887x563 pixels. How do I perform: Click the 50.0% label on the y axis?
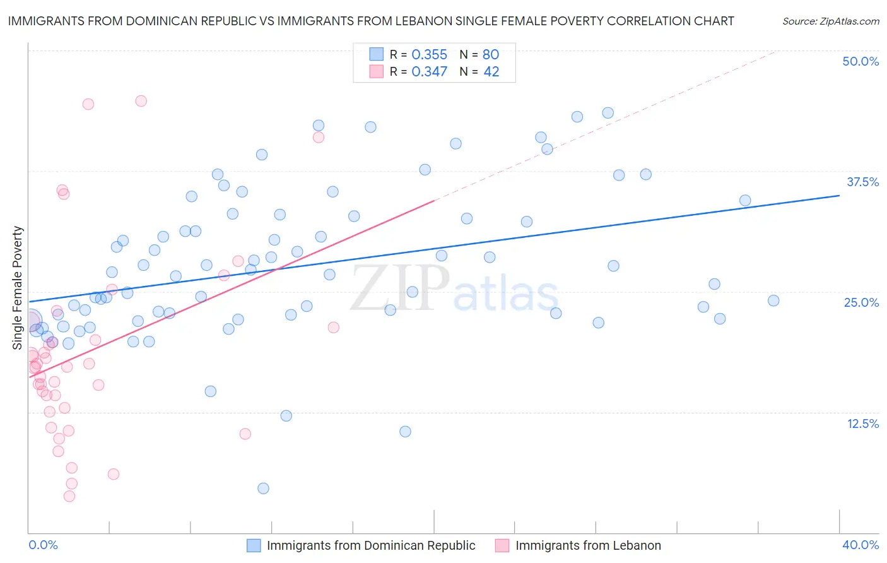861,61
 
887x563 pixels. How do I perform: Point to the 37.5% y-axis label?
862,182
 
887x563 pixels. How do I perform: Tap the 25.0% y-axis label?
861,302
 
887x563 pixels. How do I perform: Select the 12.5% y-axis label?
862,424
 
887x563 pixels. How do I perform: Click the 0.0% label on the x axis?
43,545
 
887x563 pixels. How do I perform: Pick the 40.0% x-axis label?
861,545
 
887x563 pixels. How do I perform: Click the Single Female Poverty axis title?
18,288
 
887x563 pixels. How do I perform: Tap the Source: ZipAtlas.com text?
830,21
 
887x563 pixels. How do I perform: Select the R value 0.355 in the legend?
429,54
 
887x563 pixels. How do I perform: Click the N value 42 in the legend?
491,72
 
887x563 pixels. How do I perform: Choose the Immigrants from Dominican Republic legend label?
371,545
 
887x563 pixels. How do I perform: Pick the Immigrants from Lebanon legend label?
588,545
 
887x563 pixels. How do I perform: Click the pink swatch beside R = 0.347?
376,72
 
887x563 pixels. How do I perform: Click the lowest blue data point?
263,488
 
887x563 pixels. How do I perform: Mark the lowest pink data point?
69,496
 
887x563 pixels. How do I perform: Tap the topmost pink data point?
141,101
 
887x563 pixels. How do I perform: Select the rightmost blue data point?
773,300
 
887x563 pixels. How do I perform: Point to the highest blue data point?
608,113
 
